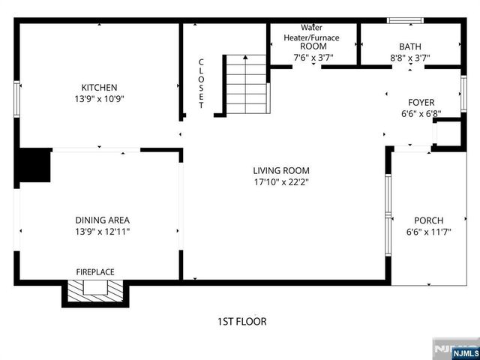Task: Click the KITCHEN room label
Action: tap(99, 87)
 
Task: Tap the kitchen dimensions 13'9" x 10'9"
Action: tap(99, 98)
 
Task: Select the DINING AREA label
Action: tap(102, 220)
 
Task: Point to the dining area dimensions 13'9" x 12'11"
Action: tap(102, 231)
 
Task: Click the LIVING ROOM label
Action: tap(280, 170)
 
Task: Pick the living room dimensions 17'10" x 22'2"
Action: tap(280, 181)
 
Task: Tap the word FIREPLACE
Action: tap(95, 271)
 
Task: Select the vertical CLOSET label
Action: tap(201, 84)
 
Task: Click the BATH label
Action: tap(410, 46)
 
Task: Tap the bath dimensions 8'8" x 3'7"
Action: tap(410, 56)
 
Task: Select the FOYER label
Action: tap(421, 103)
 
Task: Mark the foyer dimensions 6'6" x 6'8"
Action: tap(421, 114)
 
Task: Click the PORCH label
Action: tap(429, 220)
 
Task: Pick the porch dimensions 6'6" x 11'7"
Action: tap(429, 232)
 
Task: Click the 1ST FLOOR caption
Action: tap(241, 322)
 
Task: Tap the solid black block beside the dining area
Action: tap(34, 166)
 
